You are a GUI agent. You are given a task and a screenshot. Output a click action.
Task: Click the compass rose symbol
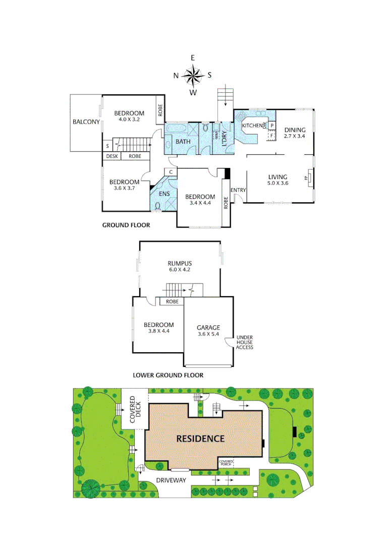click(x=193, y=76)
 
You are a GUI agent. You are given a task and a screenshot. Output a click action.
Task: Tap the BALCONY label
click(x=86, y=122)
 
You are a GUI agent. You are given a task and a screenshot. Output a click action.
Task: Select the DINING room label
click(x=295, y=130)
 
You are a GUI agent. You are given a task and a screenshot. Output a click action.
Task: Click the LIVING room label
click(x=278, y=177)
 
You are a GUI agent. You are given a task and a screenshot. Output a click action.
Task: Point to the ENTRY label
click(x=238, y=190)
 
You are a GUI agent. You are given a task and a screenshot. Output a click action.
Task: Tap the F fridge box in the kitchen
click(x=272, y=135)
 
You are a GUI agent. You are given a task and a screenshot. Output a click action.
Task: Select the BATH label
click(x=183, y=142)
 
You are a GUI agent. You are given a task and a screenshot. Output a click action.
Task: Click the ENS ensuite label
click(x=164, y=193)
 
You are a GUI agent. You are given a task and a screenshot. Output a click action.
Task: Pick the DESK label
click(x=112, y=156)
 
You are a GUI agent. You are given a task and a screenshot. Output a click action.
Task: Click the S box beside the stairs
click(x=107, y=146)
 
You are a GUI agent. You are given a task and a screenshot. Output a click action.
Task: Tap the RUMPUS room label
click(x=180, y=263)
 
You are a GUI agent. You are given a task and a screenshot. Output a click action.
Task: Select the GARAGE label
click(x=208, y=328)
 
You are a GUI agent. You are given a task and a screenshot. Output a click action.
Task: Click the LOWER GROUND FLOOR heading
click(x=168, y=375)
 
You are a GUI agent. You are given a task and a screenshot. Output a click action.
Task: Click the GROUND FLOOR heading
click(x=126, y=225)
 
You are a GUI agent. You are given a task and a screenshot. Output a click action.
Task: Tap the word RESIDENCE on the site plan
click(x=200, y=439)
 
